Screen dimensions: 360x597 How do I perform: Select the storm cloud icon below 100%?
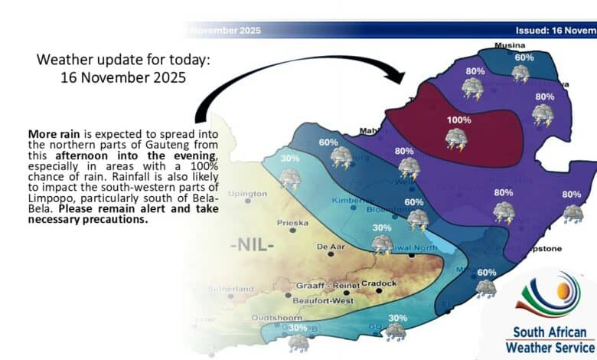[458, 139]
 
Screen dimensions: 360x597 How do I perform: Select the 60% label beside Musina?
[524, 57]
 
